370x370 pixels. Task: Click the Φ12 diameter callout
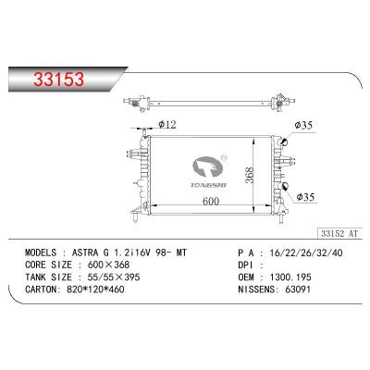tap(168, 124)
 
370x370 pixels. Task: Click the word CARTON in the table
tap(40, 290)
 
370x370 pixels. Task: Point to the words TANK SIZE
tap(47, 277)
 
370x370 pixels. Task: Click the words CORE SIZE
tap(47, 265)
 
